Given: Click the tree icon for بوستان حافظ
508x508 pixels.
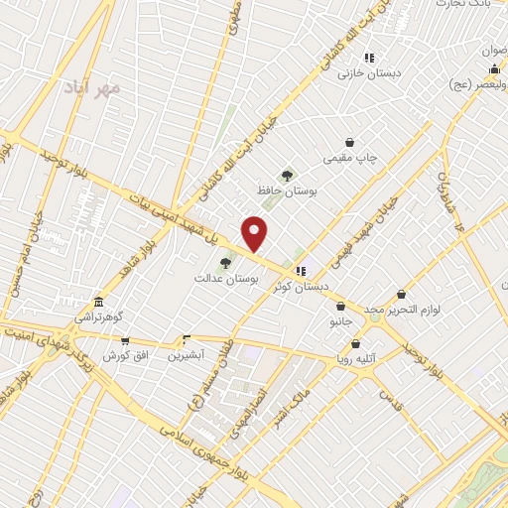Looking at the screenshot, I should pos(288,176).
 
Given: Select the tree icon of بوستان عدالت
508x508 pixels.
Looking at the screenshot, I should pos(226,263).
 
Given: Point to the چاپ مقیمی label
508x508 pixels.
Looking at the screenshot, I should pos(350,158).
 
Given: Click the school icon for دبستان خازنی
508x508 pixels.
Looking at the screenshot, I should pos(369,59).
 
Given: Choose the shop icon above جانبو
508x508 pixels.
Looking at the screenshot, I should pos(341,306).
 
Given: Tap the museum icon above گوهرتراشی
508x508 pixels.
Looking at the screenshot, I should pos(98,302).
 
